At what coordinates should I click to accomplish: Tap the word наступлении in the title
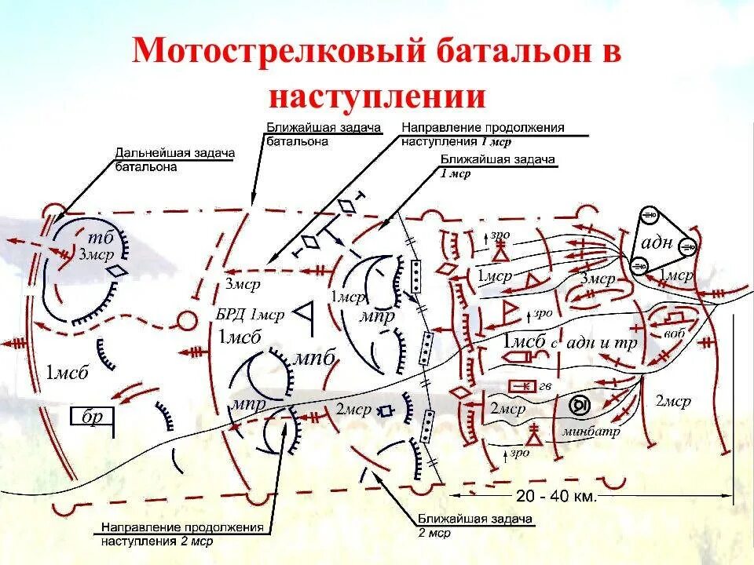click(x=376, y=97)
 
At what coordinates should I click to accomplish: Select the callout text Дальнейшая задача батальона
click(x=174, y=159)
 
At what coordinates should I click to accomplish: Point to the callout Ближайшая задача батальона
click(x=323, y=133)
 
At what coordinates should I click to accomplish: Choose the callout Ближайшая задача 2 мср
click(x=475, y=526)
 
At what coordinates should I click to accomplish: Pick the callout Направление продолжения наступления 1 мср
click(x=482, y=134)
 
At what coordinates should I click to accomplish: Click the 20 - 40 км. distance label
click(x=557, y=496)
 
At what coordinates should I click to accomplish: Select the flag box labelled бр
click(x=93, y=417)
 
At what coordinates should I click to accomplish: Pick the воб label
click(x=674, y=334)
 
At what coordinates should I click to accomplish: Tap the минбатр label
click(x=591, y=432)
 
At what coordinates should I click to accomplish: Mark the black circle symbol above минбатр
click(x=579, y=405)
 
